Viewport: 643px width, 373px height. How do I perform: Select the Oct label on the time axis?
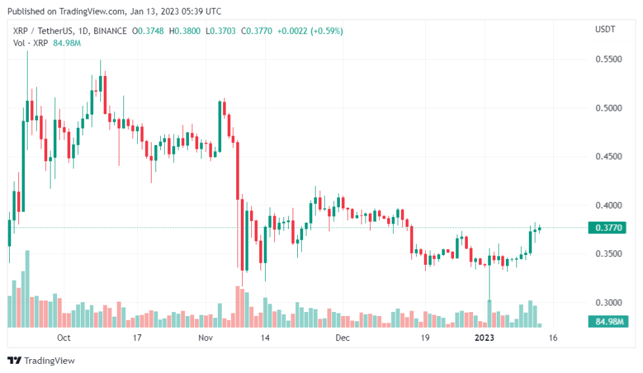pyautogui.click(x=64, y=338)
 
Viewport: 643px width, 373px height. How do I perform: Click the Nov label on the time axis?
pyautogui.click(x=205, y=338)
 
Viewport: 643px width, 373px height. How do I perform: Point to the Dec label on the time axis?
pyautogui.click(x=342, y=338)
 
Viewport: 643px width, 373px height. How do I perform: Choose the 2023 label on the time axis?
pyautogui.click(x=484, y=338)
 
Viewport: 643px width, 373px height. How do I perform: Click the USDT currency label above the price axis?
pyautogui.click(x=605, y=30)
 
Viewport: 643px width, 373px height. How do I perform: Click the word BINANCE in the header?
pyautogui.click(x=110, y=31)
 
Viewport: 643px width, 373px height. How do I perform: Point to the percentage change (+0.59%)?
pyautogui.click(x=324, y=31)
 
